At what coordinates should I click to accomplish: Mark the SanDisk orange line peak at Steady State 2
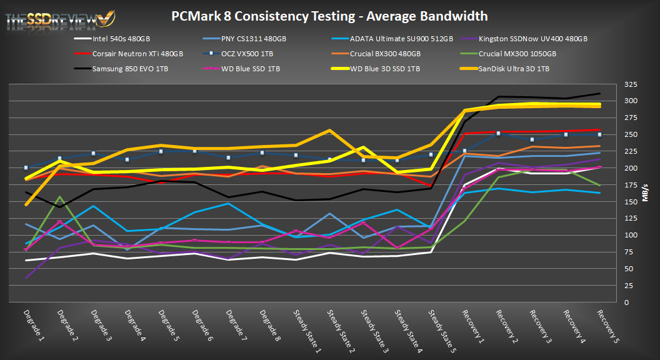coord(329,131)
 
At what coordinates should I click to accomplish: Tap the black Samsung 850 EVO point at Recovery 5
coord(599,94)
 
